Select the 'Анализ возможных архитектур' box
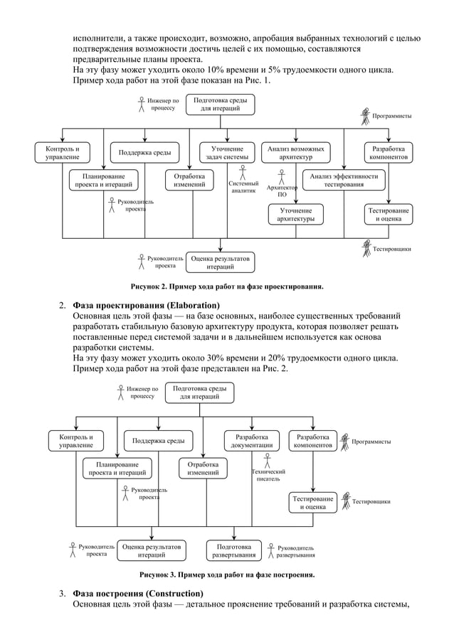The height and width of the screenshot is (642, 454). click(x=295, y=153)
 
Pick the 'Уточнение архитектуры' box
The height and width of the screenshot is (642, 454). click(x=295, y=215)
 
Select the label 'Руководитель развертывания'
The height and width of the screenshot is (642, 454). click(x=295, y=551)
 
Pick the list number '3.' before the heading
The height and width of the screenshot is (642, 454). click(x=63, y=594)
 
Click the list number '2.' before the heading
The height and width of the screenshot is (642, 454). click(x=63, y=306)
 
